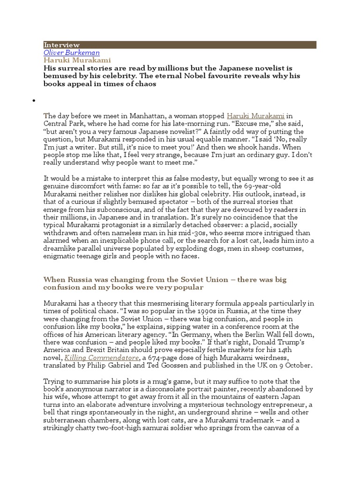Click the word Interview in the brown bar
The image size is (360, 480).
61,45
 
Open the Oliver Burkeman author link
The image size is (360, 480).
71,52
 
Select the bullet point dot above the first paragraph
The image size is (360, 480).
34,101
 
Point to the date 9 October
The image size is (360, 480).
302,365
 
